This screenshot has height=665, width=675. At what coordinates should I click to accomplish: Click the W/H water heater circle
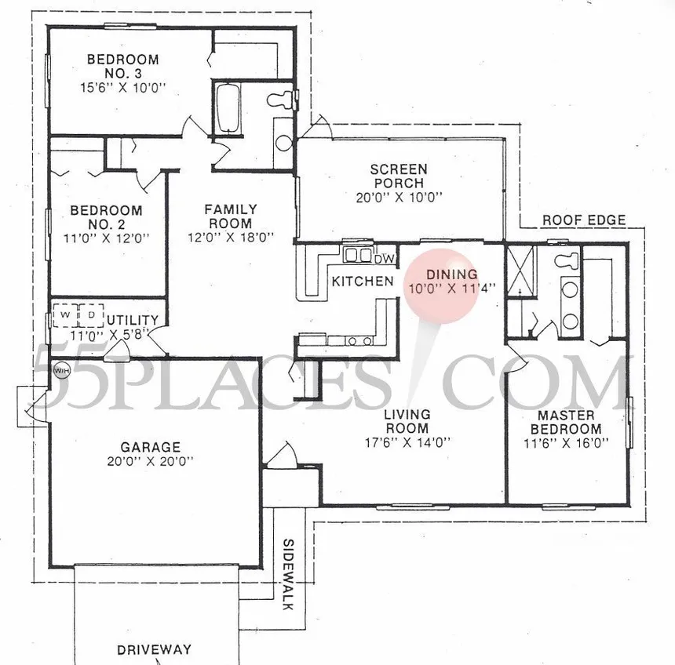[61, 370]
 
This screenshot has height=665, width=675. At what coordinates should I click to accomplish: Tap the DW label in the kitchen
[384, 259]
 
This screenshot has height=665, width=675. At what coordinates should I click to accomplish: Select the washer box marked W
[65, 315]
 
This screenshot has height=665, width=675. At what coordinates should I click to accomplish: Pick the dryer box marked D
[91, 315]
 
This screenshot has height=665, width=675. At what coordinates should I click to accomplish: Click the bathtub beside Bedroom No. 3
[227, 108]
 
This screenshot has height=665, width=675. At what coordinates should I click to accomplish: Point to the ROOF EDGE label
[584, 220]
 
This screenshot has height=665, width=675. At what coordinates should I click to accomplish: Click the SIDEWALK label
[288, 574]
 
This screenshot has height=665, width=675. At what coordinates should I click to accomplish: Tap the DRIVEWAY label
[154, 649]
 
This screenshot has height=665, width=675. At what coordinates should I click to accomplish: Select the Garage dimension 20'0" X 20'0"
[150, 461]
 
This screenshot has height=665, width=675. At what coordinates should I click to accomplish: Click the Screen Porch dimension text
[400, 197]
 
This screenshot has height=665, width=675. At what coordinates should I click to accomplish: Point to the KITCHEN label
[363, 282]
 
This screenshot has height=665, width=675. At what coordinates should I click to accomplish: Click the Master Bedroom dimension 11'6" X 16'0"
[566, 442]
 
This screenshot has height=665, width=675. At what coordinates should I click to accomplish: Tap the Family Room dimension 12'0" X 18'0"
[232, 237]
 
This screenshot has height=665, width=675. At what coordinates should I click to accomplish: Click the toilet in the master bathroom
[567, 260]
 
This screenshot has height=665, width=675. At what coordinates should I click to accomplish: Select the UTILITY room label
[133, 320]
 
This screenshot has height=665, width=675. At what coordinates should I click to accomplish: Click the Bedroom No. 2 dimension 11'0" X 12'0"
[106, 238]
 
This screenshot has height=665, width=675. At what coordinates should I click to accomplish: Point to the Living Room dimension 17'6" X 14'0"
[407, 442]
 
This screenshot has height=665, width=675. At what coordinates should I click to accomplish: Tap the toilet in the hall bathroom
[280, 100]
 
